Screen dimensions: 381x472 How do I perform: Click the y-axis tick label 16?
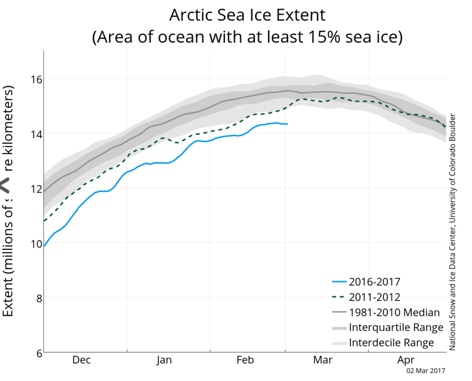37,79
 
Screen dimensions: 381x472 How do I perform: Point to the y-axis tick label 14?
37,134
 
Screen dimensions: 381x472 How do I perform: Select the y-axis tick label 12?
37,189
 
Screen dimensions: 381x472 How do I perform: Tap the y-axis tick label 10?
37,244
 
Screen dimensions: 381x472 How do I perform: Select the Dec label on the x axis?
81,360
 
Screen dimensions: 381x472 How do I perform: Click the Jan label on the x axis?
164,360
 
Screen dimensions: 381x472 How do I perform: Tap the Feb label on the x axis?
245,360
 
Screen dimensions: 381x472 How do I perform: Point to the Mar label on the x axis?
323,360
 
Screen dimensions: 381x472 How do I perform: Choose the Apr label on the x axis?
406,360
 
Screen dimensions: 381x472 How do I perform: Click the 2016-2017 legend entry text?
375,282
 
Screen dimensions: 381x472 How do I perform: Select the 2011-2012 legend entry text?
375,297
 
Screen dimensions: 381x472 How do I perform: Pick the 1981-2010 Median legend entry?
394,312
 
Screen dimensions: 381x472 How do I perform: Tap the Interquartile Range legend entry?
396,327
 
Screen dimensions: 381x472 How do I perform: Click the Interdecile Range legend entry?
391,343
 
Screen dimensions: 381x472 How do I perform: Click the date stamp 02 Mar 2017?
426,371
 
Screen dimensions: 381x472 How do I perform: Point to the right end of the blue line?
287,124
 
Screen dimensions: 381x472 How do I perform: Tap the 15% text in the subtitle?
324,37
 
